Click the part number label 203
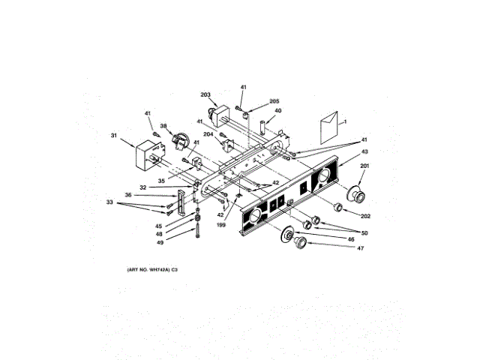pos(205,94)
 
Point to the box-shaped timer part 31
pos(148,157)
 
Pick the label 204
pos(208,134)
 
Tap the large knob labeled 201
pos(358,195)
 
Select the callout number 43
pos(364,152)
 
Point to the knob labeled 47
pos(301,243)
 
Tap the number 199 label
pos(221,223)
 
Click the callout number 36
pos(128,195)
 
